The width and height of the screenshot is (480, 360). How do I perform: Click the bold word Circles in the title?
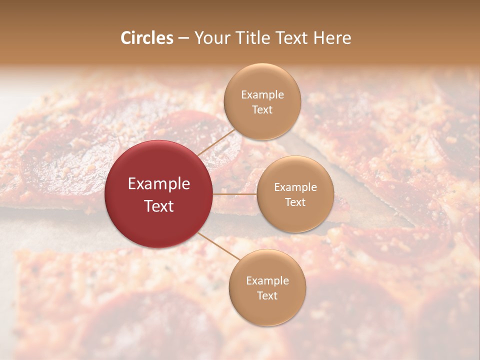(x=147, y=38)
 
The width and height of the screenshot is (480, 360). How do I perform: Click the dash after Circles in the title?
(x=183, y=38)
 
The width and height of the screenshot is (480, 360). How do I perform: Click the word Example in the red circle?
(x=159, y=184)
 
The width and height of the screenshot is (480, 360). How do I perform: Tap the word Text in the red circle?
(x=159, y=206)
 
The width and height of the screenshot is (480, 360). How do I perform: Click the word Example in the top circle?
(x=262, y=95)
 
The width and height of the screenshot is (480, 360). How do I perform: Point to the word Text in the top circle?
(x=262, y=110)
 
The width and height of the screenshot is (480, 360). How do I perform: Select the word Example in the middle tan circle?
(x=295, y=187)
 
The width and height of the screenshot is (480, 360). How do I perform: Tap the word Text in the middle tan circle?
(x=295, y=202)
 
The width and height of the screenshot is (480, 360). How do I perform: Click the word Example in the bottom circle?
(x=267, y=281)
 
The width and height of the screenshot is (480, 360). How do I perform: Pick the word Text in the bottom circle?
(x=267, y=296)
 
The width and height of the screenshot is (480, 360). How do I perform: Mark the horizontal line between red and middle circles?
(x=235, y=194)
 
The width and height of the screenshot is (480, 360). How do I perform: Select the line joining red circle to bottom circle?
(x=219, y=246)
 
